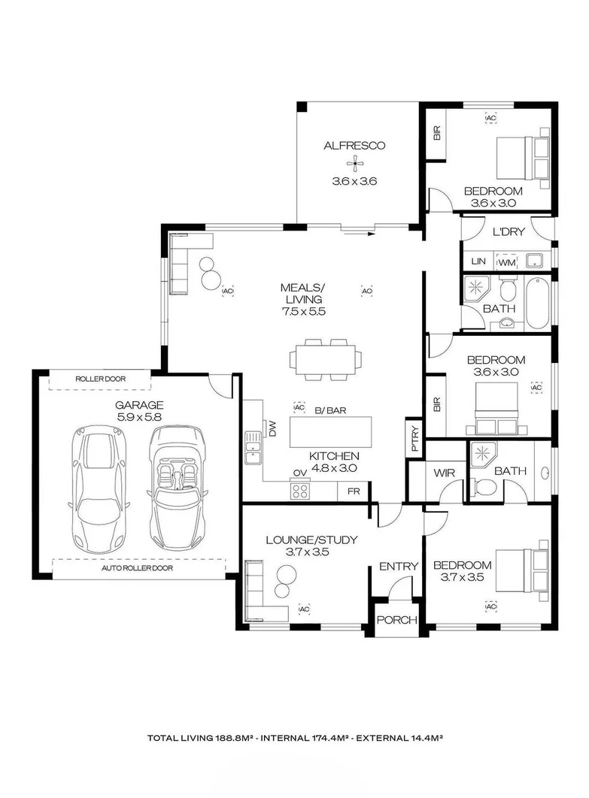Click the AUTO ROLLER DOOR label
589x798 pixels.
138,568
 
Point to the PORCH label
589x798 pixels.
396,620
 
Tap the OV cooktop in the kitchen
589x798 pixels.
301,490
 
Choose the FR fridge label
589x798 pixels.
353,491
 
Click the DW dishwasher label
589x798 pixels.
272,429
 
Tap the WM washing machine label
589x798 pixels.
507,262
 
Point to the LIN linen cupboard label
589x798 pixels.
477,261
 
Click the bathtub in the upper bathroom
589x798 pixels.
537,304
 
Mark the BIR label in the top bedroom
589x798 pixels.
436,134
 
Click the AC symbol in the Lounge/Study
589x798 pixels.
305,608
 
